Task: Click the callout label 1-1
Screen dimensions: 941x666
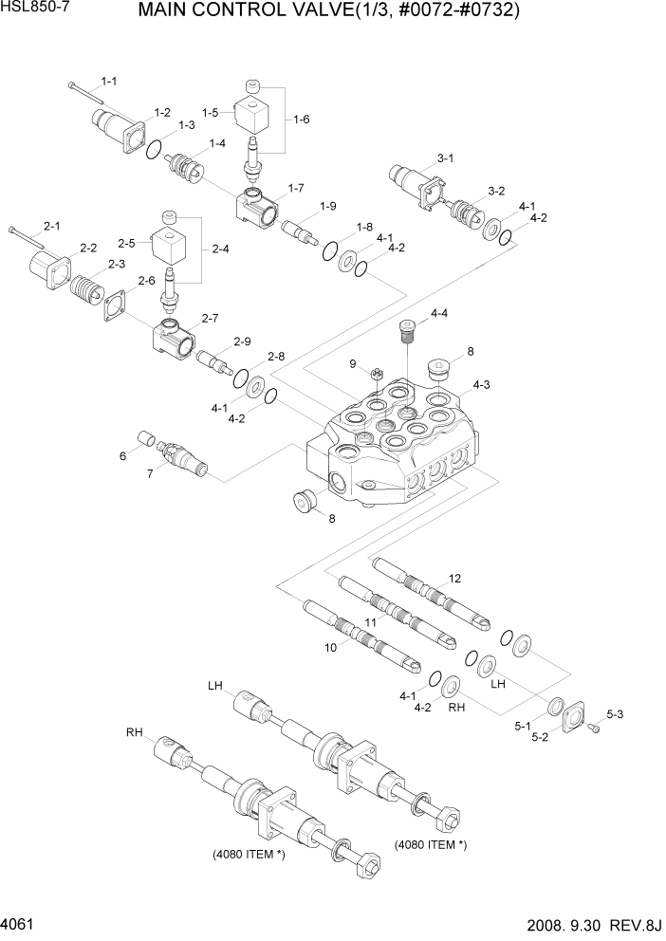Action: click(x=109, y=81)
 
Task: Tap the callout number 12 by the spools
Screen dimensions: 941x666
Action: click(x=455, y=578)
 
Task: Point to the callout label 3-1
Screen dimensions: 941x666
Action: click(x=445, y=157)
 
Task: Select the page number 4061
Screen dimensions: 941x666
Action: click(x=20, y=923)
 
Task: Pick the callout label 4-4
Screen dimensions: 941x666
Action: click(x=439, y=313)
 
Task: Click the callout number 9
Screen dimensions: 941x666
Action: click(x=351, y=363)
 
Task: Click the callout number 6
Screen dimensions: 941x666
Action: click(x=122, y=456)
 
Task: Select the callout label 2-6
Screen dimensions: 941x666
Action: click(x=146, y=281)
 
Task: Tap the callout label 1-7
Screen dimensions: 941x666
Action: click(x=295, y=187)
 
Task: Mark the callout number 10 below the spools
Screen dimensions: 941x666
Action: click(x=330, y=648)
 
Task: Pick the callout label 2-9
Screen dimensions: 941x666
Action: click(x=242, y=341)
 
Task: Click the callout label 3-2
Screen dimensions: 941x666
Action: click(x=496, y=191)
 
